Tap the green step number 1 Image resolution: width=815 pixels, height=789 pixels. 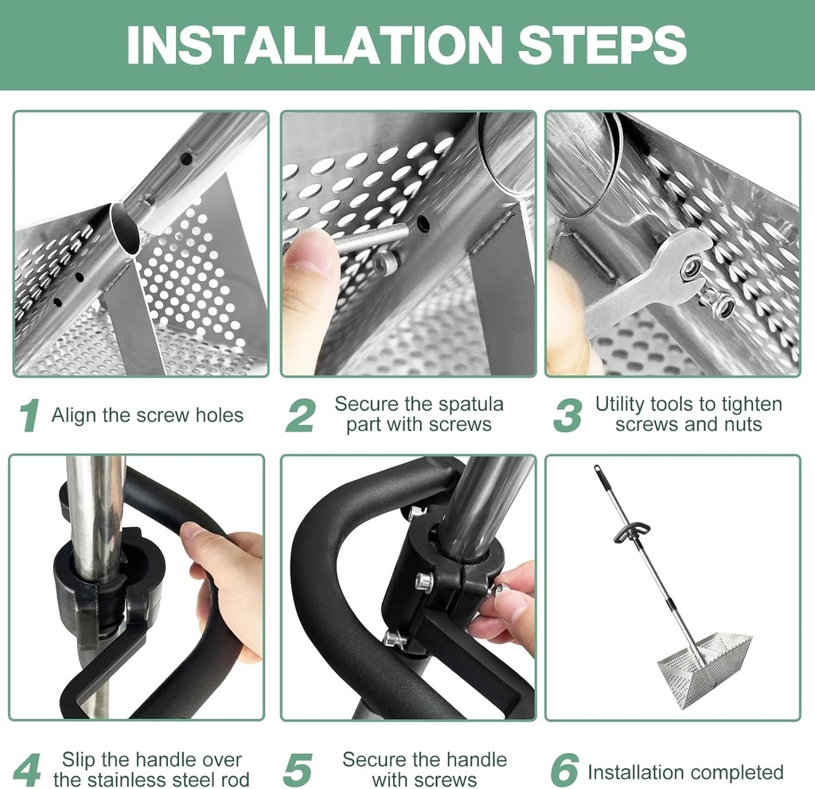tap(29, 416)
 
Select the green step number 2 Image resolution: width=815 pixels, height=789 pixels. tap(300, 416)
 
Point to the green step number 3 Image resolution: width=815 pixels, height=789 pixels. tap(567, 416)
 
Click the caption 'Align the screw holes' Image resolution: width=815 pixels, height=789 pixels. tap(147, 415)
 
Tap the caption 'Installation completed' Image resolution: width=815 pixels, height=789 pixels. tap(685, 771)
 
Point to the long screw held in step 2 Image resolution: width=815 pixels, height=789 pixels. tap(371, 236)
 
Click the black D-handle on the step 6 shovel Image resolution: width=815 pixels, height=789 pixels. tap(631, 532)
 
